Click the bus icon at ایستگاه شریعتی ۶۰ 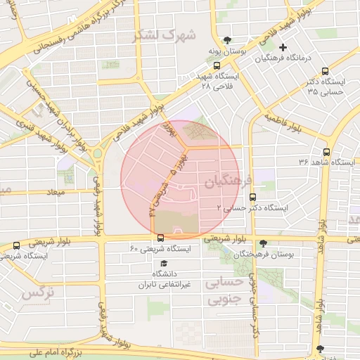click(x=160, y=238)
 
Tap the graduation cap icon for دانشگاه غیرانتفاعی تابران click(x=163, y=262)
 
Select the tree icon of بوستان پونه click(x=226, y=40)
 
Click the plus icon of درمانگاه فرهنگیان click(x=283, y=48)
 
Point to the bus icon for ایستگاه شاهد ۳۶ click(x=326, y=152)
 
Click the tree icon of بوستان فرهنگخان click(x=263, y=243)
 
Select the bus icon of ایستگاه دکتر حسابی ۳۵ click(x=324, y=71)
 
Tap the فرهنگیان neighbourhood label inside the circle click(x=225, y=182)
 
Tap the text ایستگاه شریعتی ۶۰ click(x=161, y=249)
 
